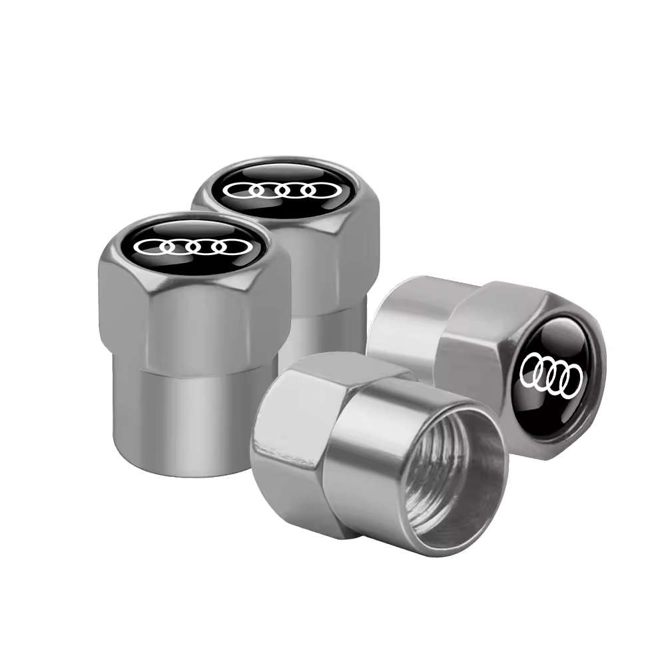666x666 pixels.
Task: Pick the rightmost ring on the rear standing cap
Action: [318, 190]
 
